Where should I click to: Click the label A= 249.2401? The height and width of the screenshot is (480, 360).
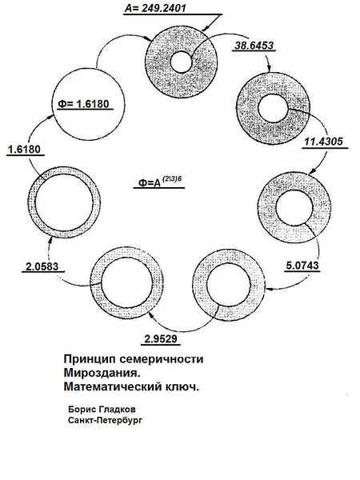[155, 8]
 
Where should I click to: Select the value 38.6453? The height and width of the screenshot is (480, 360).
[254, 46]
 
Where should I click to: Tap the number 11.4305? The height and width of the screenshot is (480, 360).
[323, 142]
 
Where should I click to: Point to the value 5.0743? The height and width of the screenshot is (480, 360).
[302, 265]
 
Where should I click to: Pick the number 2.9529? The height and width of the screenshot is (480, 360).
[161, 338]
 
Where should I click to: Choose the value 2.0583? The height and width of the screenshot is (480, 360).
[42, 266]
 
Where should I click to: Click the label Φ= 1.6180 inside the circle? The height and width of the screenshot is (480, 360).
[83, 104]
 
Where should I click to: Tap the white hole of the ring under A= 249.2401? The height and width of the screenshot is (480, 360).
[182, 62]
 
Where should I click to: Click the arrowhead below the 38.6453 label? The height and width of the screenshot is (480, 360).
[269, 69]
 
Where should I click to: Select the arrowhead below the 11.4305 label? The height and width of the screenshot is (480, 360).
[312, 172]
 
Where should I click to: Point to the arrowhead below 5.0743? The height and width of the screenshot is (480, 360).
[269, 288]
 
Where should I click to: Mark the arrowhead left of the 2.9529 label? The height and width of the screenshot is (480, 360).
[150, 315]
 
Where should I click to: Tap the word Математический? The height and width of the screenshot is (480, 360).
[112, 386]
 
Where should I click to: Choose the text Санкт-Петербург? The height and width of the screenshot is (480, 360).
[105, 420]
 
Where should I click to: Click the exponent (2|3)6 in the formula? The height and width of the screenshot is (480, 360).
[171, 178]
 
